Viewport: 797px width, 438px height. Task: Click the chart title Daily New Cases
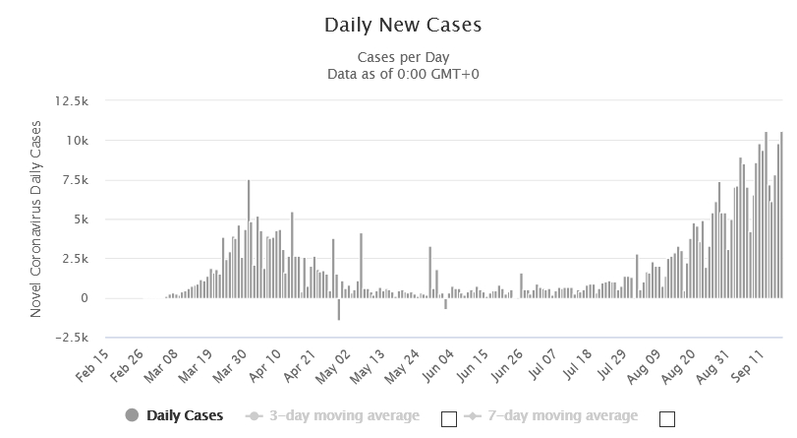[398, 21]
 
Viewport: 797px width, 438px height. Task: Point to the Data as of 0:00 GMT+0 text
[398, 74]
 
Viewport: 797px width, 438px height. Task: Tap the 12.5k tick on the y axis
[74, 101]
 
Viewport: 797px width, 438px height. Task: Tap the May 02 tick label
[334, 365]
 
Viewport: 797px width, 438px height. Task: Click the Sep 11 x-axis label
[749, 365]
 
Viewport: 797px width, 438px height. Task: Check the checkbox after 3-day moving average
[449, 418]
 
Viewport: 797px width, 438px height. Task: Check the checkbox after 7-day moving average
[667, 418]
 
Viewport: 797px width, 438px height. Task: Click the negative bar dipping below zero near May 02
[339, 309]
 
